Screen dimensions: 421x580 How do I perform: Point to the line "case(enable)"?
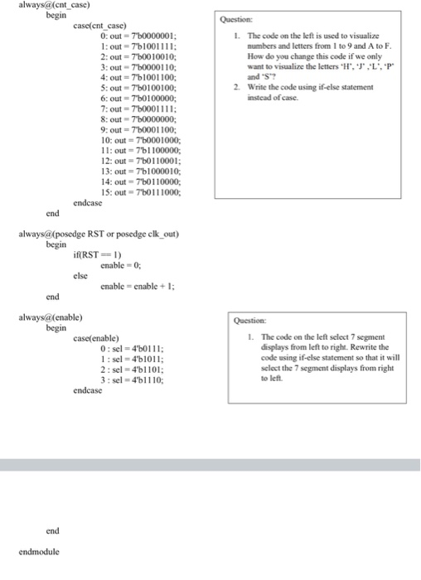pos(96,338)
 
